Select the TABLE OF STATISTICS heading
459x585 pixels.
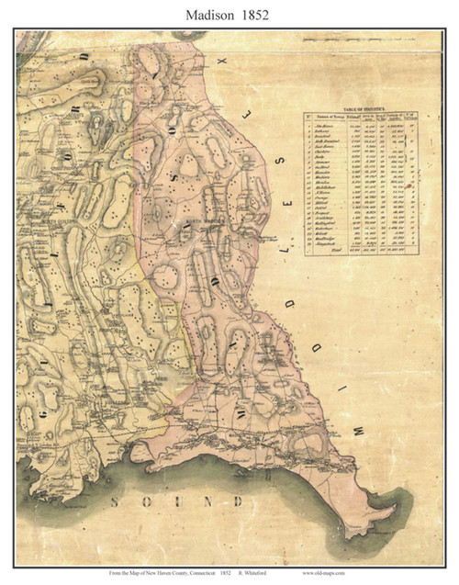(361, 107)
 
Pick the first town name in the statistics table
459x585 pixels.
(328, 124)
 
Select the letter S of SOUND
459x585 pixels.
(116, 501)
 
